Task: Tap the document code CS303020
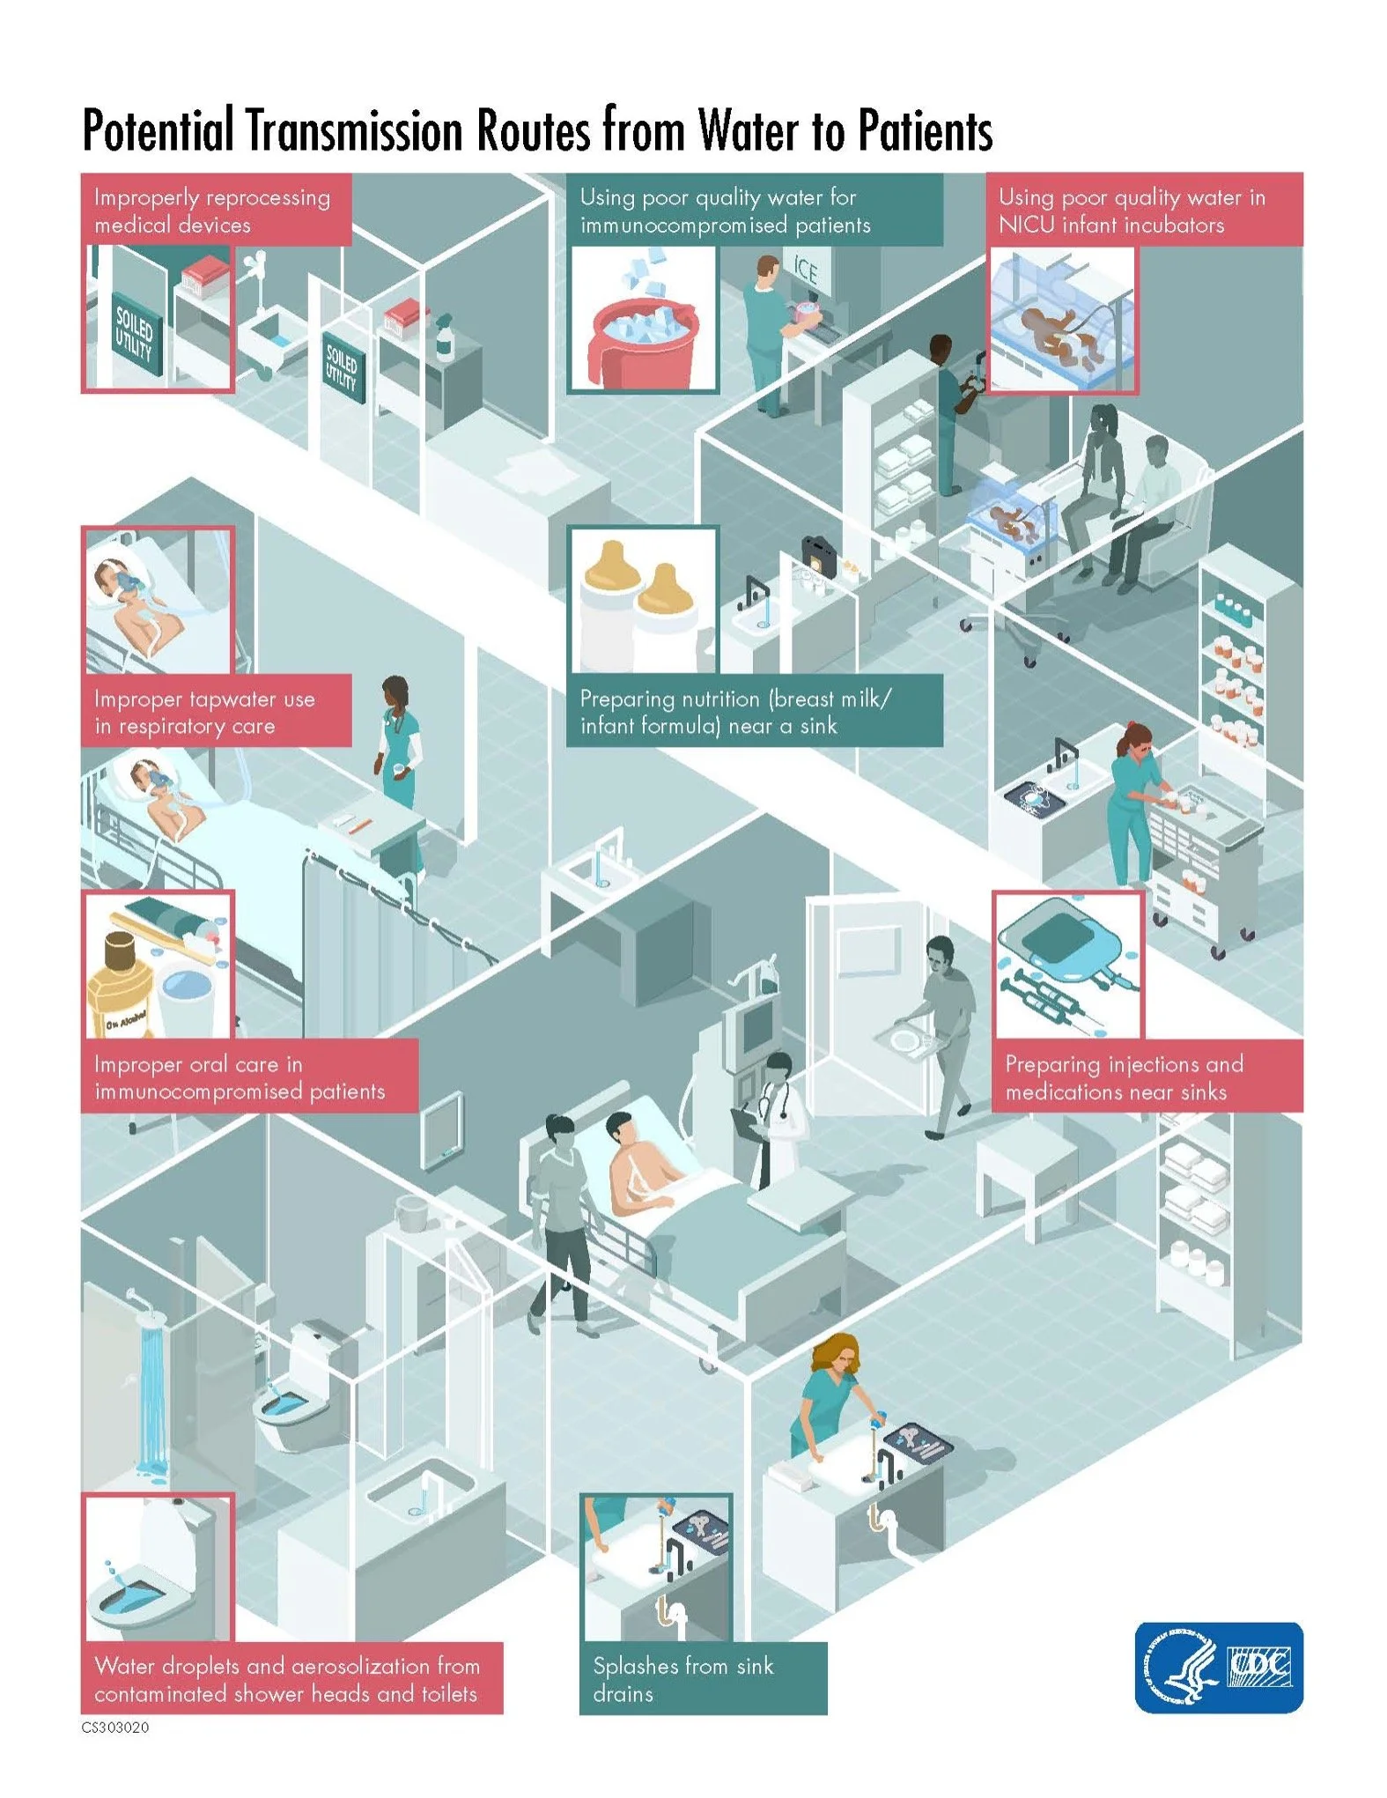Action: coord(115,1727)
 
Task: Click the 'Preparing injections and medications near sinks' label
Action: coord(1146,1077)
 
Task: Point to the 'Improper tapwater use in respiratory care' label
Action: coord(216,712)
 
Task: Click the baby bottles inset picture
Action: coord(642,600)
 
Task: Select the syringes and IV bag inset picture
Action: coord(1067,966)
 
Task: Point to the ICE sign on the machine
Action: coord(805,270)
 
